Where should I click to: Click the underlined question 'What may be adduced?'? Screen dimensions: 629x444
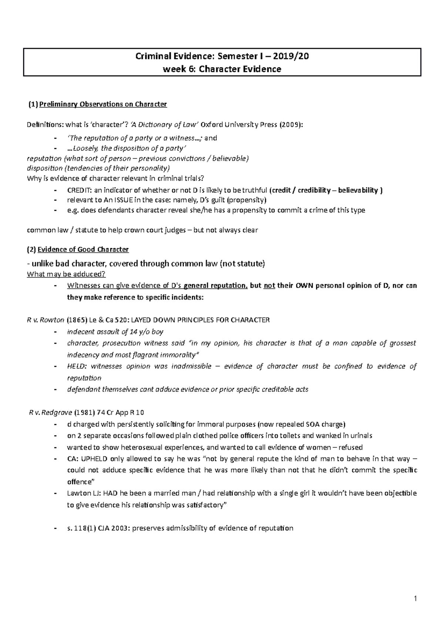coord(67,274)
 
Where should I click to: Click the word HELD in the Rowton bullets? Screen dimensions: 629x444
coord(77,366)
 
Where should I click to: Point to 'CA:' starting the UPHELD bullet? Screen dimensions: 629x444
coord(73,459)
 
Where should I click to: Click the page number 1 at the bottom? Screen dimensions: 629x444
coord(416,599)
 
